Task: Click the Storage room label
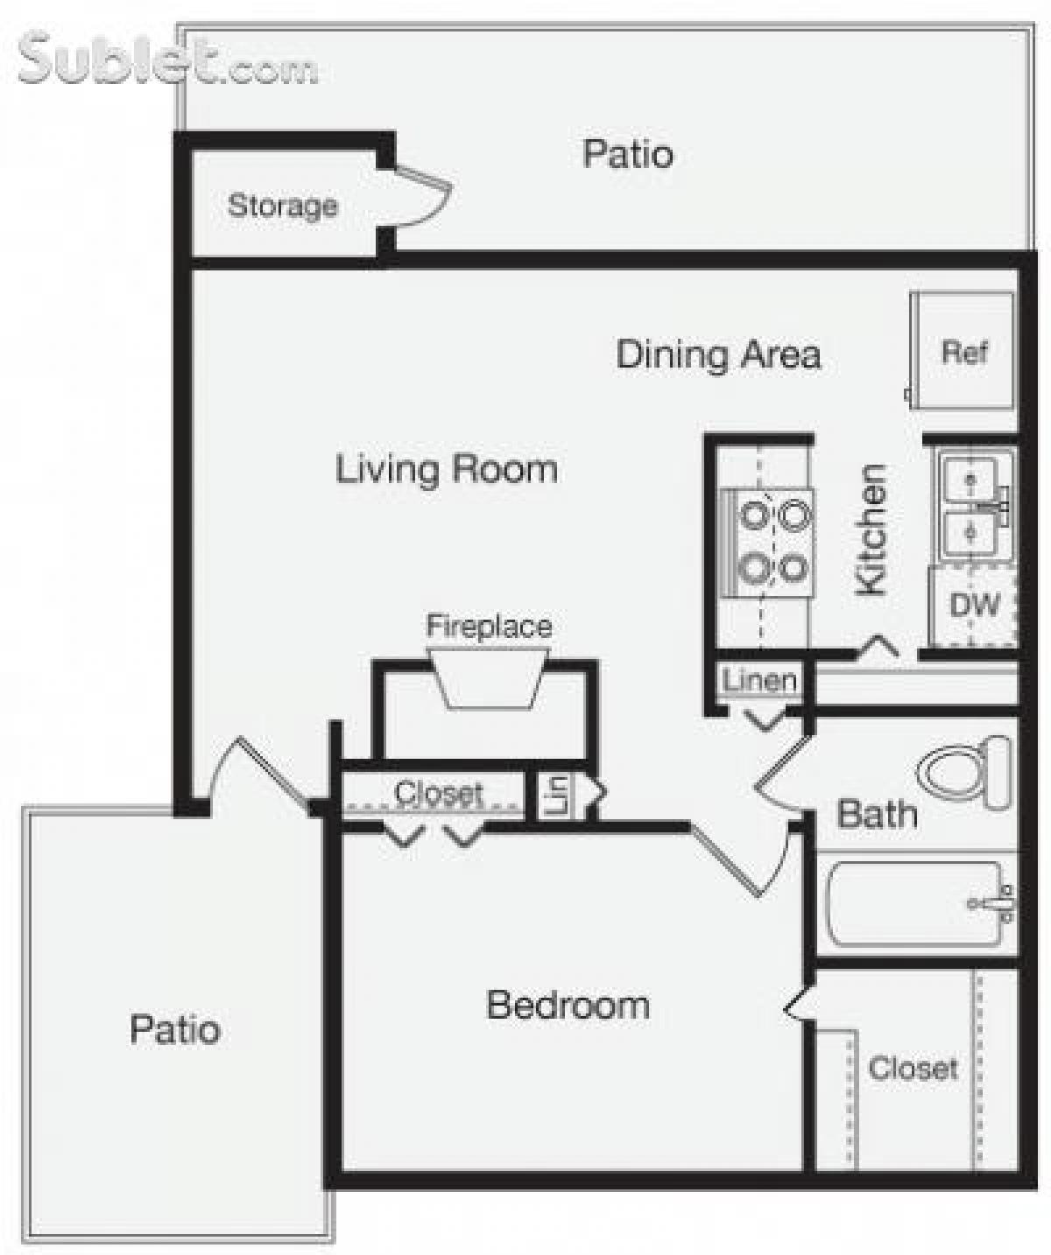point(282,206)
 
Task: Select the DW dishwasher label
point(974,604)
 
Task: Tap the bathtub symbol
point(916,904)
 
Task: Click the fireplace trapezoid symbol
point(488,679)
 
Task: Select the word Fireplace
point(489,626)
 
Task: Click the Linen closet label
point(759,680)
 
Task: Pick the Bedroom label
point(568,1005)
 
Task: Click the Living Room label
point(447,469)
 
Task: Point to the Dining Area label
point(718,354)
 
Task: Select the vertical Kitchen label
point(871,530)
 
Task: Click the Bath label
point(877,814)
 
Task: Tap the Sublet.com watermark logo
point(166,60)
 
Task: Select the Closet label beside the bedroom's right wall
point(913,1068)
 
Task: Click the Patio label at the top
point(628,154)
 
